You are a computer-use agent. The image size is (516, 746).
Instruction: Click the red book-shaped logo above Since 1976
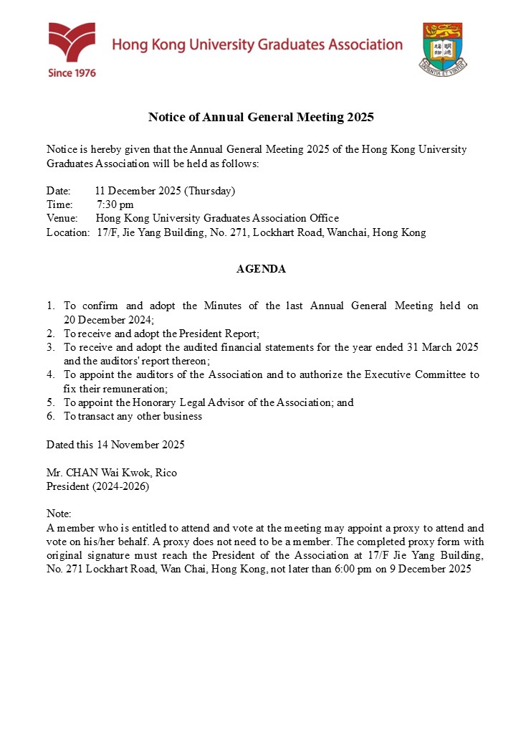[72, 42]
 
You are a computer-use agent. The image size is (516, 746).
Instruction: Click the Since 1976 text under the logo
[72, 72]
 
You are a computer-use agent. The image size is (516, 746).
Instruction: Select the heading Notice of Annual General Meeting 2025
[261, 116]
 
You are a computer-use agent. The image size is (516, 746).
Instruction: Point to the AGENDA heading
[261, 269]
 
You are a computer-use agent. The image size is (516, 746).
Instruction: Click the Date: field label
[59, 191]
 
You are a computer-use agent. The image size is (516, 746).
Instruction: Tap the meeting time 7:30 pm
[115, 204]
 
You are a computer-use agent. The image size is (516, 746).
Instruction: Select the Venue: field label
[62, 218]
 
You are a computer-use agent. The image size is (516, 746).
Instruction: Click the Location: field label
[68, 232]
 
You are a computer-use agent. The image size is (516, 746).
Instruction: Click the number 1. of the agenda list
[51, 306]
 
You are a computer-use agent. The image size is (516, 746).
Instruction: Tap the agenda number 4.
[51, 374]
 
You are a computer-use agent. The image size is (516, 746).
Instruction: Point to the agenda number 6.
[51, 416]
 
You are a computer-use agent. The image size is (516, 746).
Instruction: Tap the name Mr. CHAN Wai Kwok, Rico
[111, 473]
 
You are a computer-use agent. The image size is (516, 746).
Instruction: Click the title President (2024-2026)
[98, 486]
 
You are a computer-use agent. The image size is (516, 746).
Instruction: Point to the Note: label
[59, 514]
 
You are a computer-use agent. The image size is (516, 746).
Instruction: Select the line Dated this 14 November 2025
[115, 445]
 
